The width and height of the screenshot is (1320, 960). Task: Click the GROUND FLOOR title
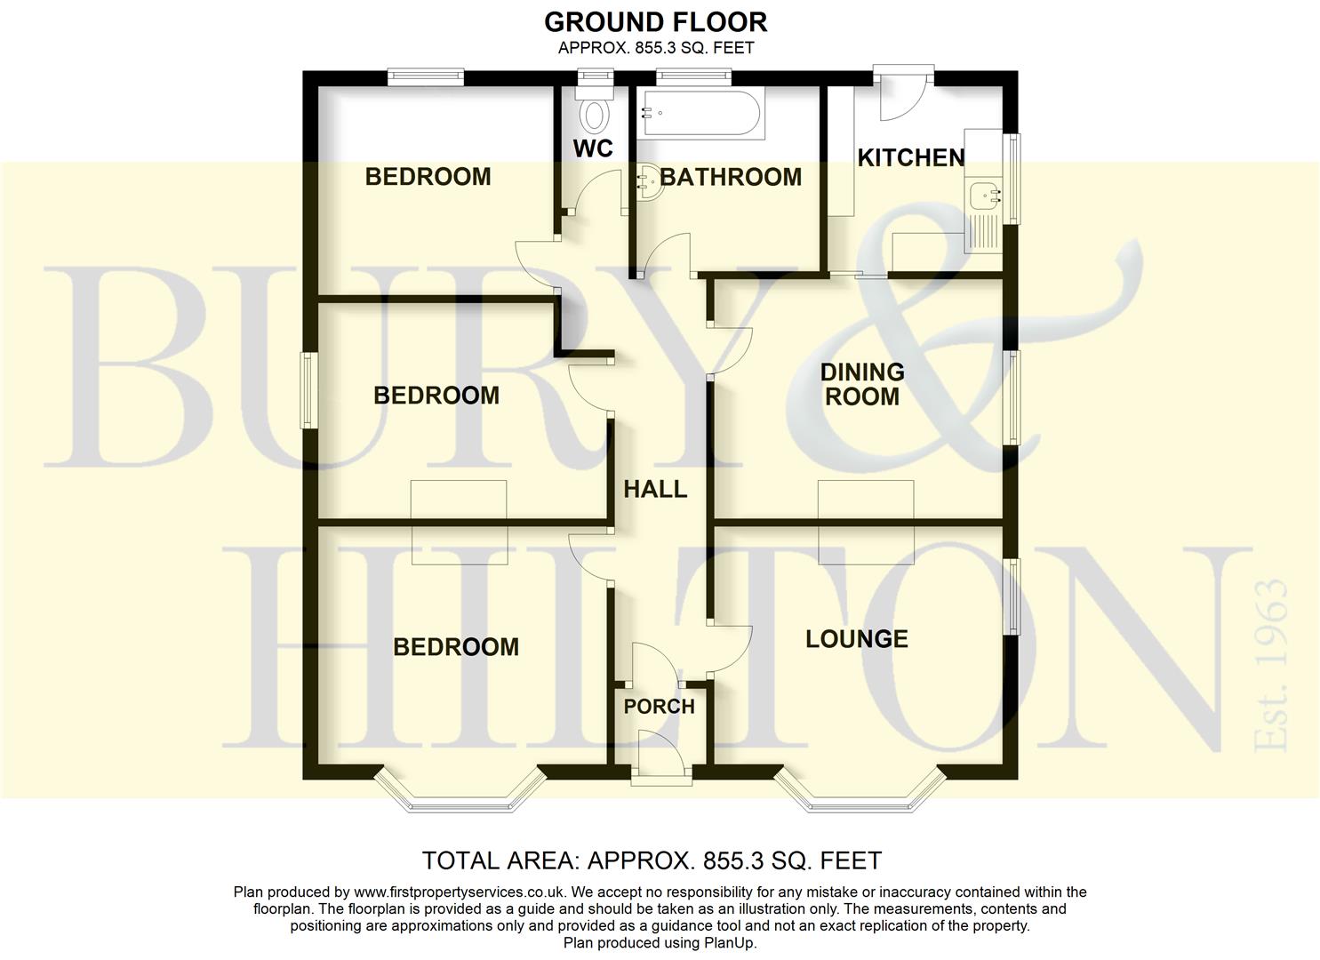click(x=655, y=21)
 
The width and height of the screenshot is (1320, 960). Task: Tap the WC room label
click(x=593, y=148)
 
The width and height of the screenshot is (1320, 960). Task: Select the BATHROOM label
click(x=731, y=177)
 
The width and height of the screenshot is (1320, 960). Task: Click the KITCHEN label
click(x=911, y=158)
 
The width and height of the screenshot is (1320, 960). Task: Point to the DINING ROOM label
click(x=861, y=384)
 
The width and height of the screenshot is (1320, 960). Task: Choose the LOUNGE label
click(x=857, y=639)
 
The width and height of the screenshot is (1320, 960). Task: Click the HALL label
click(x=655, y=489)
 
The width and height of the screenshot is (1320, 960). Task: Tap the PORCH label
click(x=659, y=707)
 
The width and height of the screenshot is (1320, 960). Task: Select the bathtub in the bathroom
click(x=700, y=114)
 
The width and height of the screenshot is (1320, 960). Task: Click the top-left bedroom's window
click(x=426, y=77)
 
